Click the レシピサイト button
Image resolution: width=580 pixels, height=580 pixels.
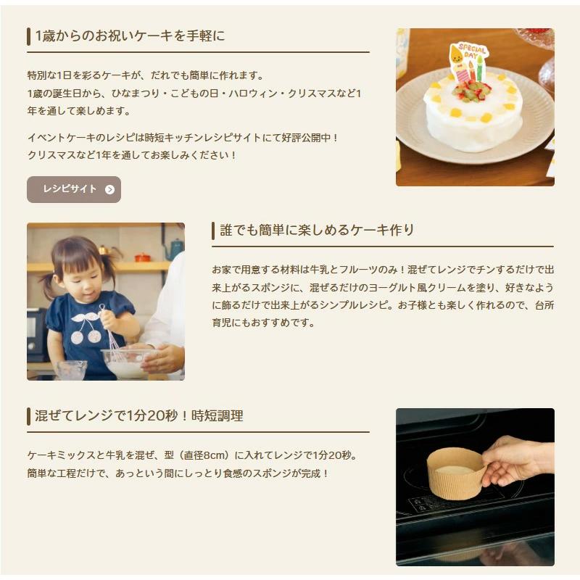73,189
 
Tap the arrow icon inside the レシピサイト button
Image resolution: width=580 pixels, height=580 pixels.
109,190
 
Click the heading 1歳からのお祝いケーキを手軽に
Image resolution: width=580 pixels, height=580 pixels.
130,36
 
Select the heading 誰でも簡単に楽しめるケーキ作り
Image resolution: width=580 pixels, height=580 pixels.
317,231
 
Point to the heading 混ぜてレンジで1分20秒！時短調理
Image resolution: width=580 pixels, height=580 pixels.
139,416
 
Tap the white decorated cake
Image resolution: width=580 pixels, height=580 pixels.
472,116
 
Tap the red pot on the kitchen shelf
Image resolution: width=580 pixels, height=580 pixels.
143,257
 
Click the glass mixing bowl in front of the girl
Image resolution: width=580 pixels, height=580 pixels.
125,362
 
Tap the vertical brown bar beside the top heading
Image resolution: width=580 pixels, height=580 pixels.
29,36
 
